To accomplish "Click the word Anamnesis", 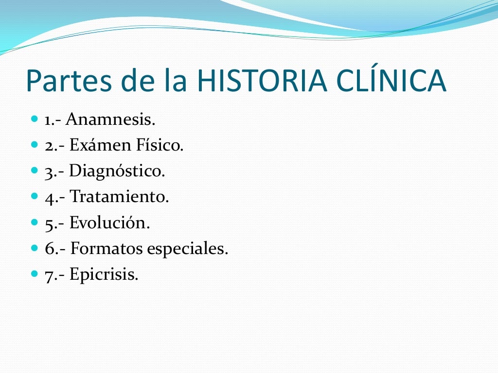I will (x=110, y=119).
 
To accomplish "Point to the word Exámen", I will (x=100, y=145).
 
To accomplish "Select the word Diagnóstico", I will (x=117, y=171).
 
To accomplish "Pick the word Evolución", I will (x=109, y=223).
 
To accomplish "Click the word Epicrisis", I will (x=104, y=275).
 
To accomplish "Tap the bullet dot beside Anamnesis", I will (x=34, y=119).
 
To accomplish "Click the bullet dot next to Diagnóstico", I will (x=34, y=170).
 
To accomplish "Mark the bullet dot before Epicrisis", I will (x=34, y=274).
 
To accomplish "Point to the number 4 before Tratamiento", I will (x=49, y=198).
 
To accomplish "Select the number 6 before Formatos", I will (x=49, y=249).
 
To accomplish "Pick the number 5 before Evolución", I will (x=49, y=224).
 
